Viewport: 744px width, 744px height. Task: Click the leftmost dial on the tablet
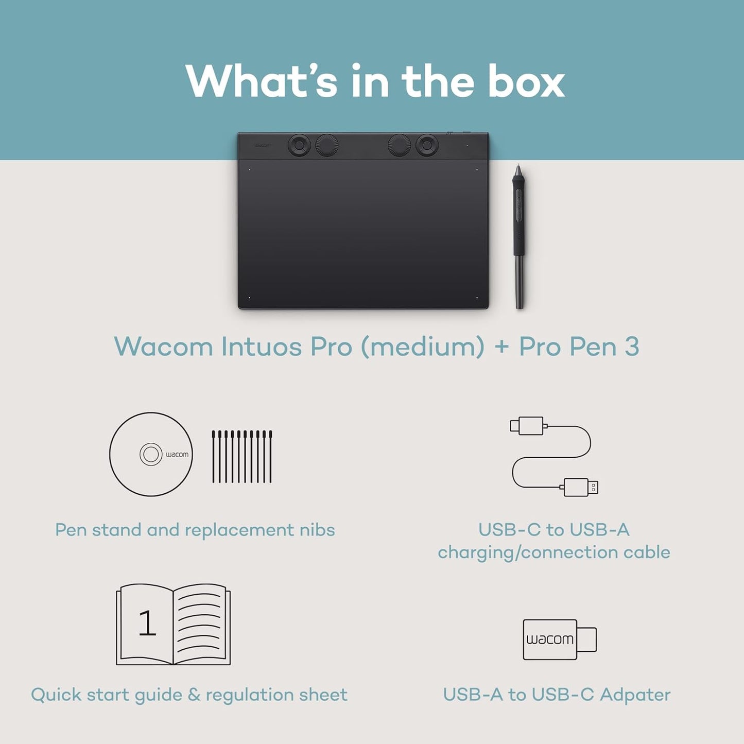pos(299,145)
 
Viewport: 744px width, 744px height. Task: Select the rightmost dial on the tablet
pos(427,145)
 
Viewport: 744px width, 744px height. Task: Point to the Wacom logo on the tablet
pos(262,146)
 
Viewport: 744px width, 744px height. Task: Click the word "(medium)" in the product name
pos(422,347)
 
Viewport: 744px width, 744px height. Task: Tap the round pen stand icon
pos(151,454)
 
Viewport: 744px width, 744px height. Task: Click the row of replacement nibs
pos(242,457)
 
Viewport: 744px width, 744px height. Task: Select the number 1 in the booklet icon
pos(147,623)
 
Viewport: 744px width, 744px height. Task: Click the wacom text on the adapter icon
pos(549,639)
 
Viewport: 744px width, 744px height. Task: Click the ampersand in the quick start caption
pos(194,695)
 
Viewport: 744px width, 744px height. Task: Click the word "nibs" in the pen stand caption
pos(317,530)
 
